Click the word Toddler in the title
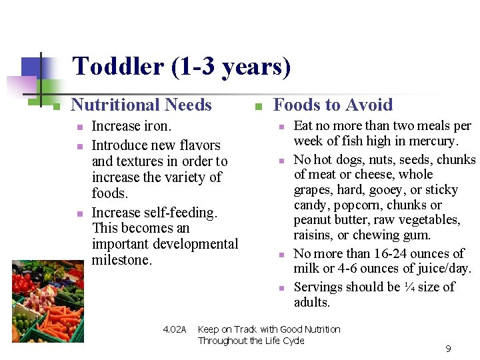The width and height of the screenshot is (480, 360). [x=118, y=67]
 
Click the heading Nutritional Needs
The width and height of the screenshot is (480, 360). [x=141, y=105]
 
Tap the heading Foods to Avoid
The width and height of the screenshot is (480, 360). [x=333, y=105]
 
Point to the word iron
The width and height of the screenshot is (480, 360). [x=157, y=126]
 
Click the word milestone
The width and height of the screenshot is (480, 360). [x=122, y=260]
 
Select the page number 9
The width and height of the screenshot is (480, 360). [x=448, y=349]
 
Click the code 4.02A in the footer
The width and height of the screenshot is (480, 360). [x=175, y=329]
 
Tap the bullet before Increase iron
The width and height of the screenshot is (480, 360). [x=79, y=127]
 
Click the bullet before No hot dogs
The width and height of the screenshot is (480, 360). [x=281, y=161]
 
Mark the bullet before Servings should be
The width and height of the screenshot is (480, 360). [x=281, y=288]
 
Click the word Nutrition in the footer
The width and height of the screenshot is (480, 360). [x=321, y=329]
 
